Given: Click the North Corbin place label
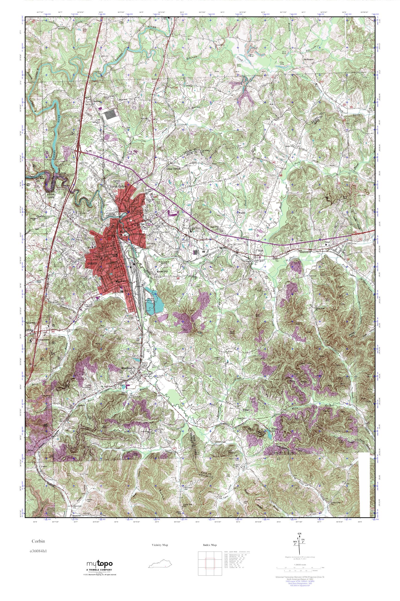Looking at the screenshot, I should pos(118,186).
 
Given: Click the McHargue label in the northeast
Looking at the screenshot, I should pos(308,59).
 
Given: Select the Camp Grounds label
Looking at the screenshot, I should pos(173,169).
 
